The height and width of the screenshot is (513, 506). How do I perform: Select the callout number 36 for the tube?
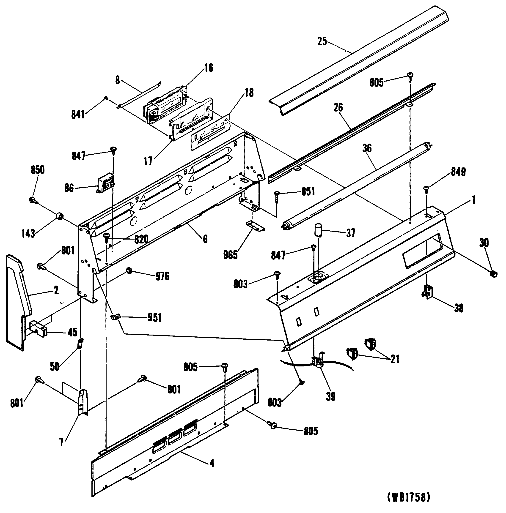tap(367, 148)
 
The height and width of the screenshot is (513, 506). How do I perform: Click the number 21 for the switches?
tap(395, 360)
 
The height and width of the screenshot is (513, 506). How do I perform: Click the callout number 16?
tap(209, 68)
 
